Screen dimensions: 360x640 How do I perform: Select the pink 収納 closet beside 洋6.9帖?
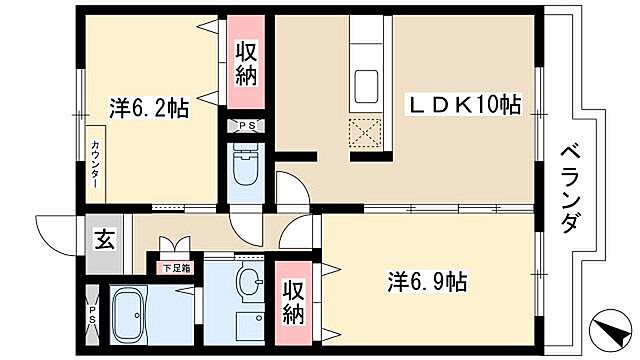(x=293, y=301)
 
